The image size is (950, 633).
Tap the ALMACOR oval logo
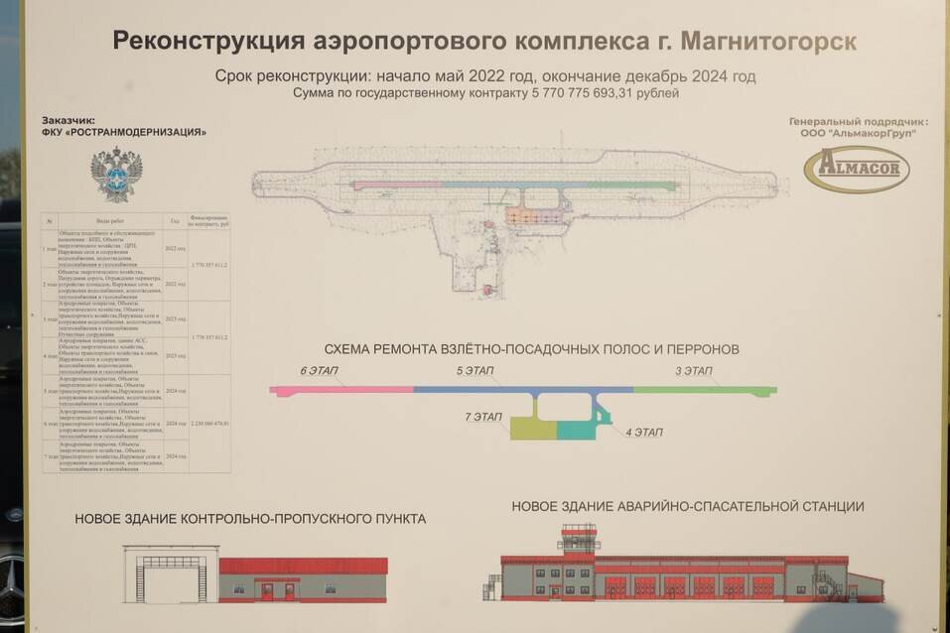click(x=856, y=168)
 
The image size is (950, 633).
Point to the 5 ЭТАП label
click(x=475, y=371)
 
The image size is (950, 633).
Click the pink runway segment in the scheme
click(x=342, y=390)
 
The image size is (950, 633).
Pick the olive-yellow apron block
click(x=533, y=429)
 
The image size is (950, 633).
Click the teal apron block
click(x=579, y=430)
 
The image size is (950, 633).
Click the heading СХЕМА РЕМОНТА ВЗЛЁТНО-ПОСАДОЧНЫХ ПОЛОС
click(x=532, y=350)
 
